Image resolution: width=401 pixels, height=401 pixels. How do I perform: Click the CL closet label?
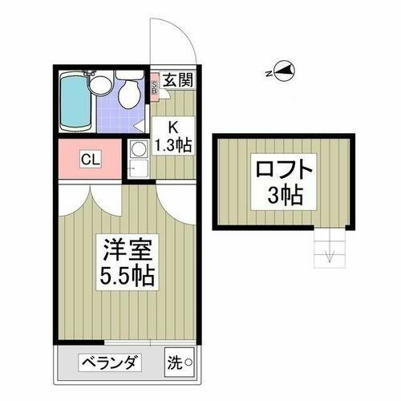click(x=89, y=159)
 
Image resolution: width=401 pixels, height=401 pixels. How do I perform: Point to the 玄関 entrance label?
click(x=178, y=80)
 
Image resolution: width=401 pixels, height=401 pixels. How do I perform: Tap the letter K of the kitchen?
click(x=172, y=126)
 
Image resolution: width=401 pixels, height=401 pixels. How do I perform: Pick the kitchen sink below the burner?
click(x=137, y=168)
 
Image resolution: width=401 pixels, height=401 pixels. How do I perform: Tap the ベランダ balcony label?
click(x=109, y=363)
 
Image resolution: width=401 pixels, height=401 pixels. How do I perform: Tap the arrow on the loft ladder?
click(x=329, y=256)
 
